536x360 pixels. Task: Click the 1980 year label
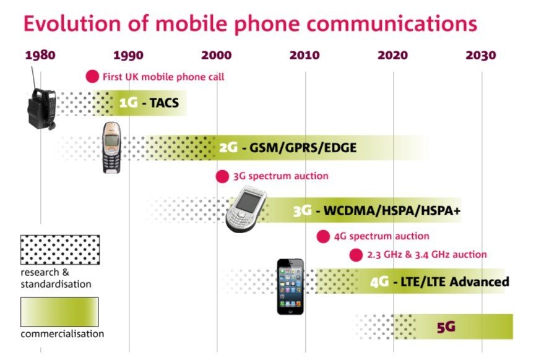click(40, 55)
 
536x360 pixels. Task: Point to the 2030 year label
click(481, 55)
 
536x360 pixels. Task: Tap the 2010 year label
click(305, 55)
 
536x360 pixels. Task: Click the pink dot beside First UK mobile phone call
click(92, 77)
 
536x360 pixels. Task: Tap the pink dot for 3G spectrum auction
click(222, 176)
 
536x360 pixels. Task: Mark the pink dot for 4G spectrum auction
click(322, 236)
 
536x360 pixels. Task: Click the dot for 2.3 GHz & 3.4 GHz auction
click(355, 254)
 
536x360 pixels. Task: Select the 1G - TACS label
click(149, 103)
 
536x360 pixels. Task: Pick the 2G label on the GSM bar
click(228, 148)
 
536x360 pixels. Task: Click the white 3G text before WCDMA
click(301, 211)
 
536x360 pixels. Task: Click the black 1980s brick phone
click(41, 106)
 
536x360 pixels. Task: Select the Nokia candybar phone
click(111, 147)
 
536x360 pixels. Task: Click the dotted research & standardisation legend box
click(59, 249)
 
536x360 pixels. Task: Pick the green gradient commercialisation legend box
click(59, 311)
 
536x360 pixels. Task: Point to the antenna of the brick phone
click(34, 77)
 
